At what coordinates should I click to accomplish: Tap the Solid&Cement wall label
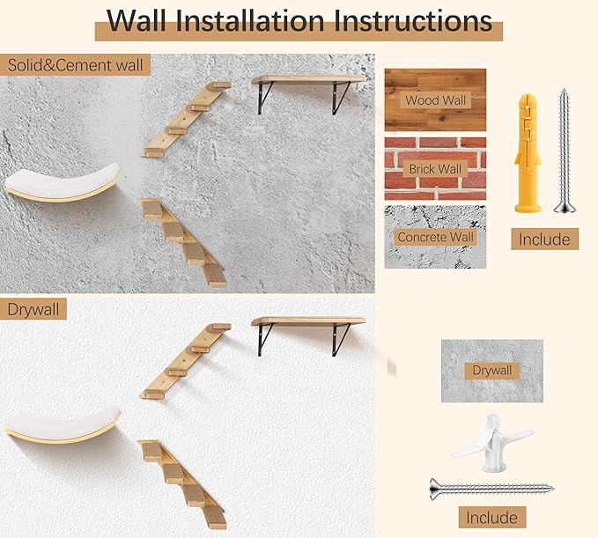[76, 65]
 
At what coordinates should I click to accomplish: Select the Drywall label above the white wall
[34, 309]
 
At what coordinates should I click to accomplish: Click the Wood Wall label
[435, 100]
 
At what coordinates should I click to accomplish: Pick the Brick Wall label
[435, 168]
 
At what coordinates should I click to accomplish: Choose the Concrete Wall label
[435, 237]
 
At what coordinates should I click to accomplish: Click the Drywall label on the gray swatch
[491, 371]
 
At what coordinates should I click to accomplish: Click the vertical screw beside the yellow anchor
[563, 151]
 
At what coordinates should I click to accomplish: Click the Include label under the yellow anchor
[543, 239]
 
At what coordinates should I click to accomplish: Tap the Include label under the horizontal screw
[491, 517]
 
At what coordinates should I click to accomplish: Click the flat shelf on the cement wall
[308, 80]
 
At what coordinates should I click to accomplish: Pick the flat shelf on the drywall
[308, 321]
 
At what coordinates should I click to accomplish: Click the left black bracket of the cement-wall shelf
[263, 98]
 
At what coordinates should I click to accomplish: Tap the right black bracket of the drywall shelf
[340, 339]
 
